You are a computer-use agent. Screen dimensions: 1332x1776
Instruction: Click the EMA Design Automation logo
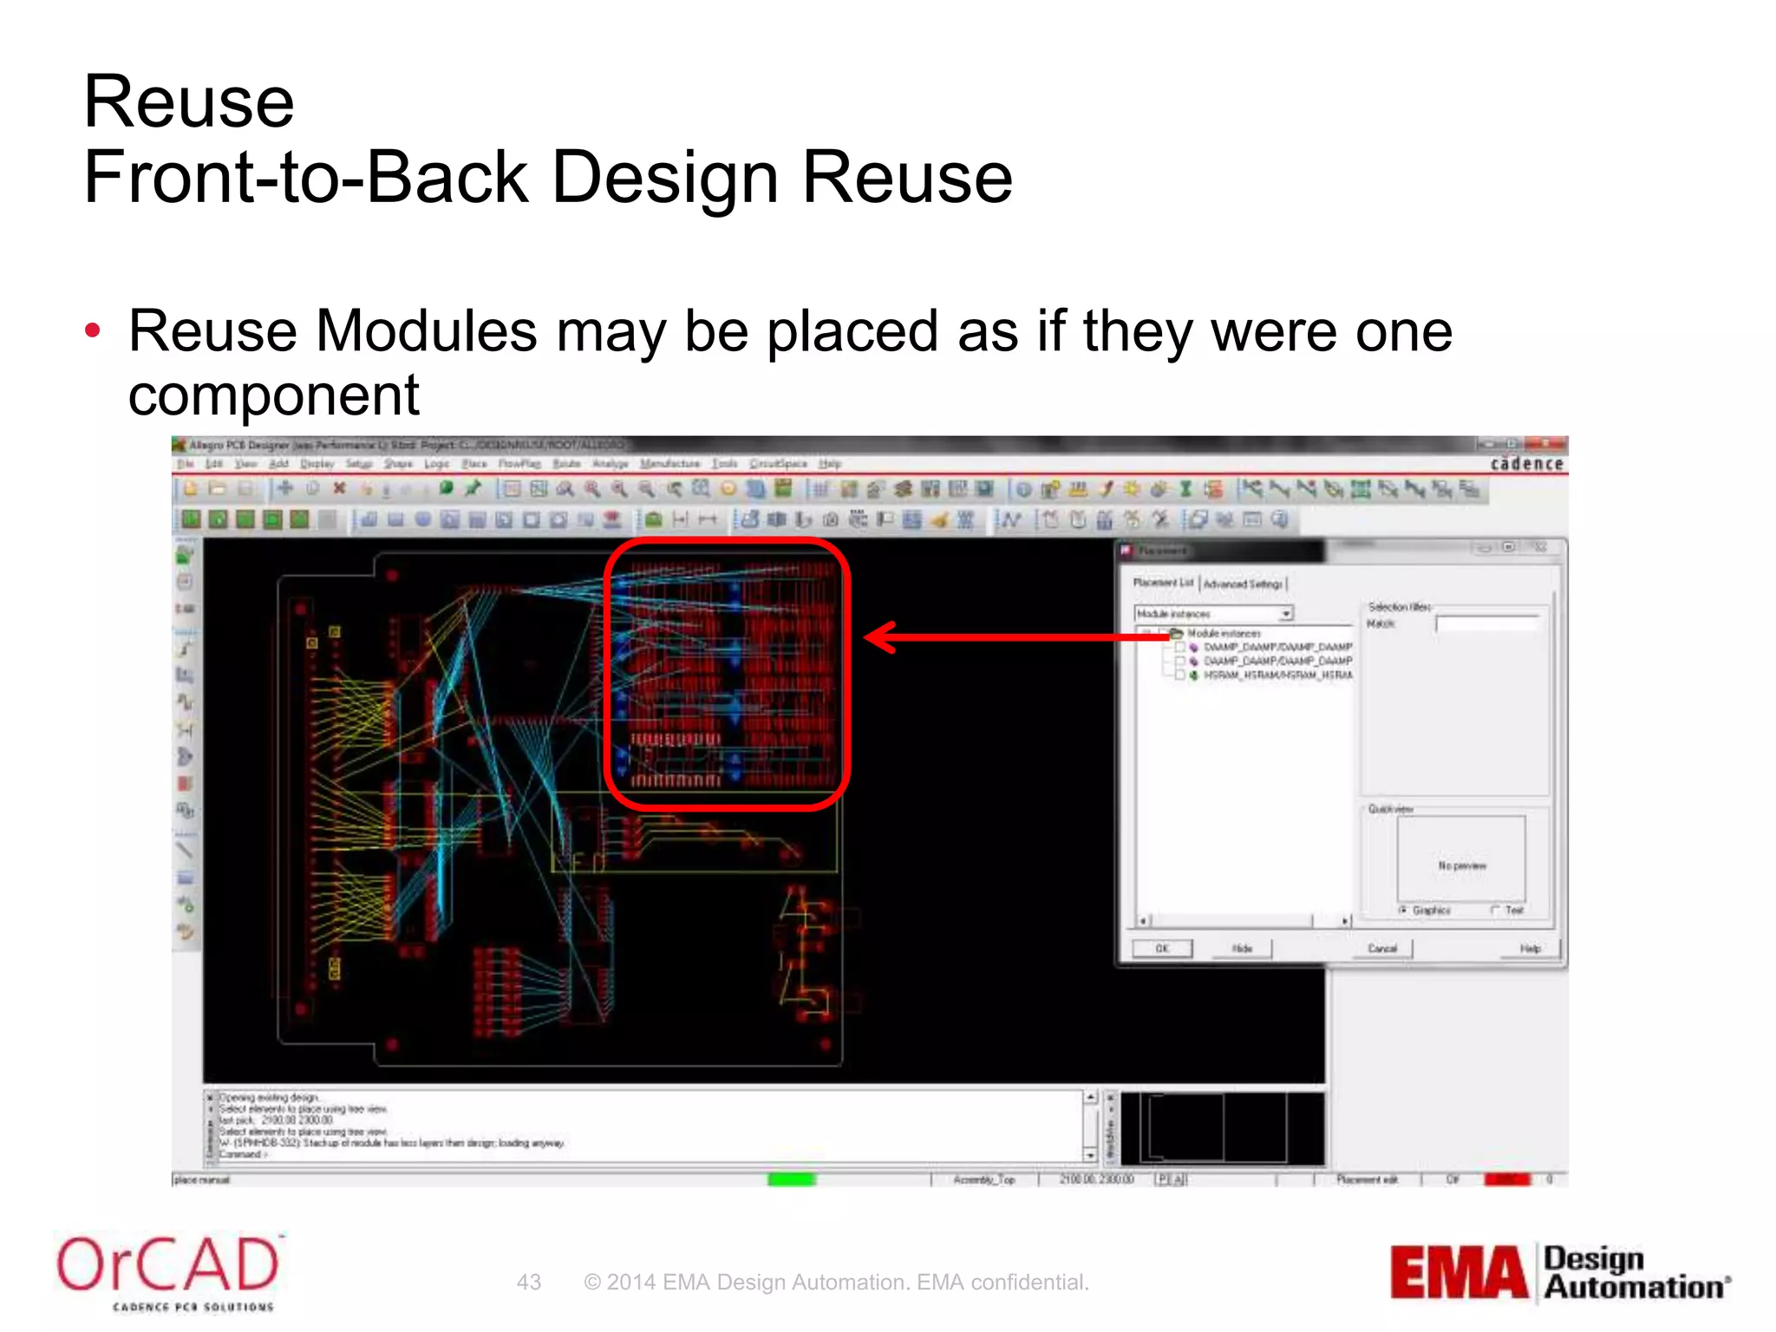(x=1559, y=1272)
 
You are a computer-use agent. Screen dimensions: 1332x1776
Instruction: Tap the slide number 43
(x=529, y=1282)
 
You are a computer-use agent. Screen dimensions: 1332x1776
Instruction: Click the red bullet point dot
(x=93, y=330)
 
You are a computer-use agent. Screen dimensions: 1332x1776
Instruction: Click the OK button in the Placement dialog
(x=1162, y=949)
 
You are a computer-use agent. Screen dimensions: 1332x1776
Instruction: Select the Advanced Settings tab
(x=1243, y=584)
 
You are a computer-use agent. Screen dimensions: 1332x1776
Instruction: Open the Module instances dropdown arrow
(x=1286, y=614)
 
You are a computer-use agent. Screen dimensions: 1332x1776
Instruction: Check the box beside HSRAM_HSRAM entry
(x=1180, y=675)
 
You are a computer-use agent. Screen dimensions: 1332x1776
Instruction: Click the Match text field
(x=1486, y=624)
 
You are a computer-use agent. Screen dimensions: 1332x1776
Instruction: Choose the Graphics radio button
(x=1403, y=910)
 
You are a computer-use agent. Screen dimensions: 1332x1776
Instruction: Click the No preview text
(x=1462, y=865)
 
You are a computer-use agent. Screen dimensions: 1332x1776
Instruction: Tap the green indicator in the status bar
(x=791, y=1179)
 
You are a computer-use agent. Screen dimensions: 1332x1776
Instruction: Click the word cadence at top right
(x=1526, y=464)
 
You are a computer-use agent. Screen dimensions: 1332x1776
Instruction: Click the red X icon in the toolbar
(x=340, y=488)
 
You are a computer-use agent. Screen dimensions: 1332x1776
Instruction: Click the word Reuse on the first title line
(x=189, y=101)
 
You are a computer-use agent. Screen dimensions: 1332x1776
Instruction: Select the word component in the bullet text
(x=274, y=395)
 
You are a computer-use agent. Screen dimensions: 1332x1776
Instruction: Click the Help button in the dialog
(x=1530, y=949)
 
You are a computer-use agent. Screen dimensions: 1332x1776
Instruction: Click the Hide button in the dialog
(x=1243, y=949)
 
